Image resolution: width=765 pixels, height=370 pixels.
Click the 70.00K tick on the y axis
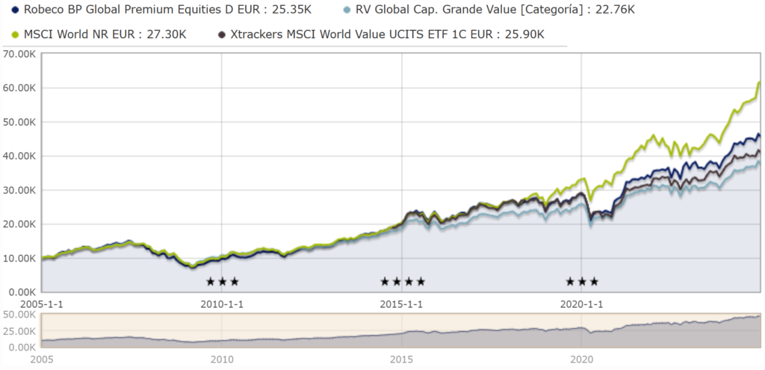tap(21, 54)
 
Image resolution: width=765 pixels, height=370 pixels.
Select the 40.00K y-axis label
tap(21, 156)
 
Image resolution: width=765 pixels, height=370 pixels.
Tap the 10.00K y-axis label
tap(21, 258)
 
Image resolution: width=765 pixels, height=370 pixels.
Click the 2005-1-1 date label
tap(41, 304)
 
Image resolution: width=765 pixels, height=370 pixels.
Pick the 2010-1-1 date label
tap(222, 304)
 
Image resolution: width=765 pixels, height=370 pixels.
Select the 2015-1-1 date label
tap(402, 304)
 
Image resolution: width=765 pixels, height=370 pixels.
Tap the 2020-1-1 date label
tap(582, 304)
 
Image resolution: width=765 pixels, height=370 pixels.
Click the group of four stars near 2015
tap(403, 282)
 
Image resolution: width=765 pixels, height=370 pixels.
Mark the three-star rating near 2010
tap(222, 282)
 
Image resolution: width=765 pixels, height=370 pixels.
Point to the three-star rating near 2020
tap(582, 282)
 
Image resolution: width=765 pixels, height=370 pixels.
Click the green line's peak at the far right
tap(759, 82)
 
